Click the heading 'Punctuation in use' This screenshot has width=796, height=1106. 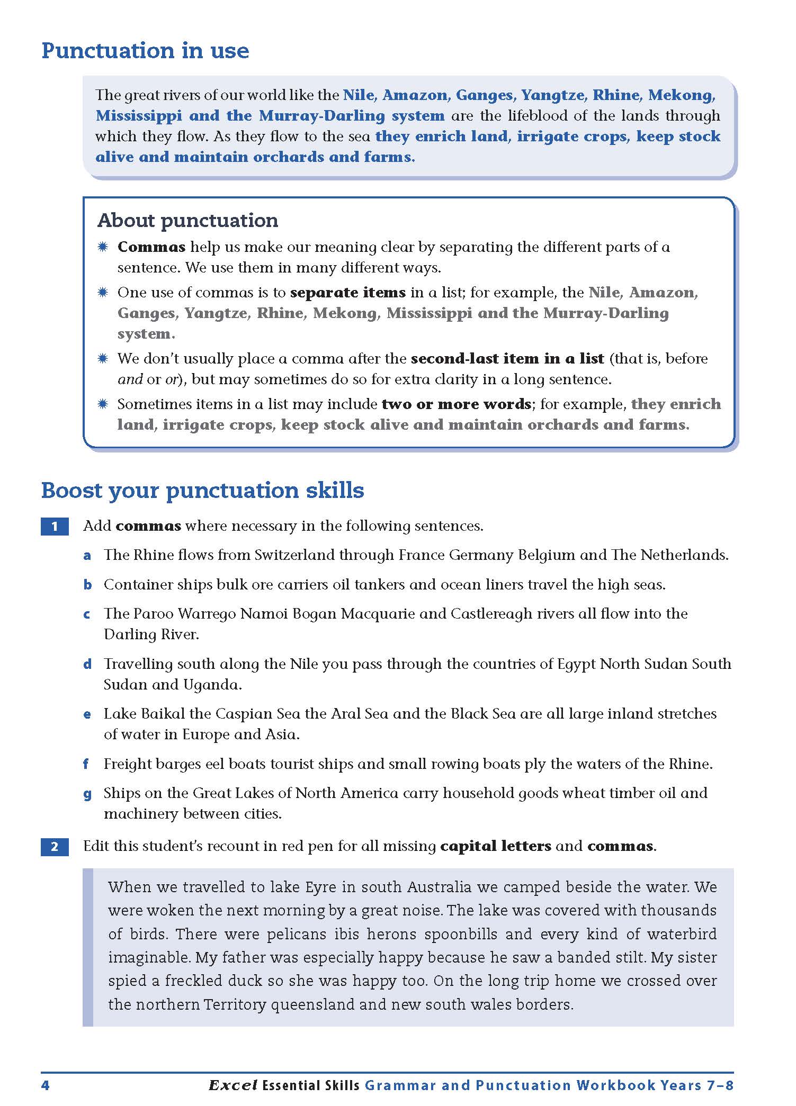click(x=145, y=51)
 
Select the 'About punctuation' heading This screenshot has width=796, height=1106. click(x=188, y=220)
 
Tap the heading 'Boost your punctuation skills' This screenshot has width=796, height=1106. click(x=202, y=490)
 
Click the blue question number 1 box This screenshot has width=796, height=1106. click(x=55, y=527)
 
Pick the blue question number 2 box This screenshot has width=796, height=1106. click(x=55, y=847)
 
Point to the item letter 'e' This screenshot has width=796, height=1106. click(x=87, y=714)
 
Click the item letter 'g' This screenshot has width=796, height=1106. click(x=87, y=794)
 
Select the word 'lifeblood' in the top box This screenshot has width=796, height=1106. click(x=546, y=116)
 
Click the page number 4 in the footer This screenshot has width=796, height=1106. click(x=45, y=1085)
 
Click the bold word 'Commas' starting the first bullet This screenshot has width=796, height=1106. click(x=151, y=247)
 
